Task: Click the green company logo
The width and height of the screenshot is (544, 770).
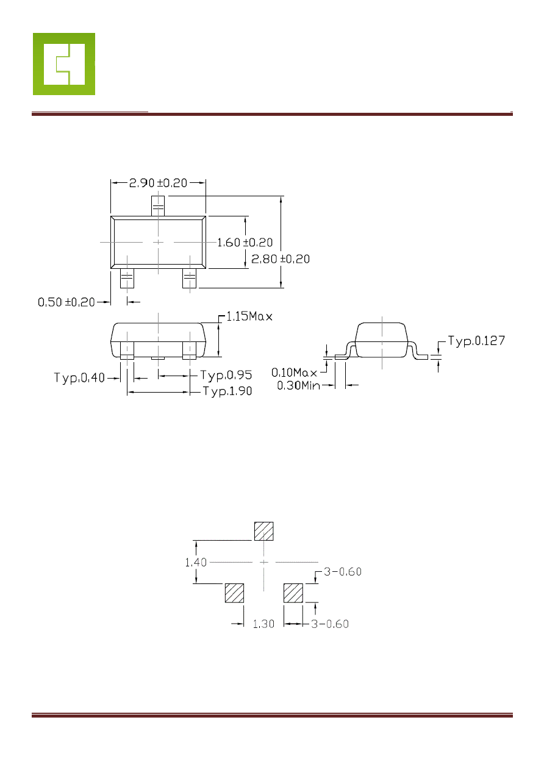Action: point(64,64)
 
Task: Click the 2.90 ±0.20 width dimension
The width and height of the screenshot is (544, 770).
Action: point(158,183)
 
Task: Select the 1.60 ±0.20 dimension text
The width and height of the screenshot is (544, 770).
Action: point(245,243)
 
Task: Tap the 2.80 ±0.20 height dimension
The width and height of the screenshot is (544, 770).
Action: point(281,259)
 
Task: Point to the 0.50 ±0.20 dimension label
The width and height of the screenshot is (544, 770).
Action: point(66,302)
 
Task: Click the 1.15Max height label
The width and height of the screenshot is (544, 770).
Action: point(249,316)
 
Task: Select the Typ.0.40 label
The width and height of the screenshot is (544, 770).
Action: point(79,378)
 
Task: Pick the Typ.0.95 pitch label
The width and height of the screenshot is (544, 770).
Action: point(226,375)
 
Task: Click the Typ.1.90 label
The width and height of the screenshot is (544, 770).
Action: point(227,391)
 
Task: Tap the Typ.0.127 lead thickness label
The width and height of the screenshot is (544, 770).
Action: point(476,341)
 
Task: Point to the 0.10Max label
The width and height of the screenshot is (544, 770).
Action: point(294,373)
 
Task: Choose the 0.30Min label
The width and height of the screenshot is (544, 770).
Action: point(298,386)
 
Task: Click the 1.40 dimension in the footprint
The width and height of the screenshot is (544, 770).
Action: point(196,562)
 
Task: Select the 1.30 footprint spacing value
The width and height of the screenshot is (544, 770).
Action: point(263,624)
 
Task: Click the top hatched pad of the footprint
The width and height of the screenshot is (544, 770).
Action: point(263,531)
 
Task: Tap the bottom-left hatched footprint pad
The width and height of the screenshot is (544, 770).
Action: point(235,593)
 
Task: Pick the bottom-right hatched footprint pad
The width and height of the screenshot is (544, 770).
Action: point(293,593)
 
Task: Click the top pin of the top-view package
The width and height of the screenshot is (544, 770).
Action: point(158,206)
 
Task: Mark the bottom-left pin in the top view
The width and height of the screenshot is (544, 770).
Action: point(127,278)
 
